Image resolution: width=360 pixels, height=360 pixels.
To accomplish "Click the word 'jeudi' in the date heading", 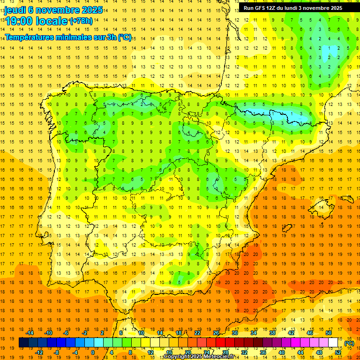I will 15,9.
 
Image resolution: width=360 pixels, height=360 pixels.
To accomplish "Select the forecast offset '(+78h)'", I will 81,21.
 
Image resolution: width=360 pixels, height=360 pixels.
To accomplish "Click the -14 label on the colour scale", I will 30,333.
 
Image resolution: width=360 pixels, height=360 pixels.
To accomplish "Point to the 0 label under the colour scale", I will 92,352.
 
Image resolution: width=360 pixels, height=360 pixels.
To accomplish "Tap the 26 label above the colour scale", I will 216,333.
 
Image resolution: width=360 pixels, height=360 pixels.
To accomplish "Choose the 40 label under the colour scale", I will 281,352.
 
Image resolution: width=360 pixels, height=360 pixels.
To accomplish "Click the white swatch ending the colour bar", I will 333,343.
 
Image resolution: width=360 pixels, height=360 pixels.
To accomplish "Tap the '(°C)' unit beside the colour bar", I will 349,343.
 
